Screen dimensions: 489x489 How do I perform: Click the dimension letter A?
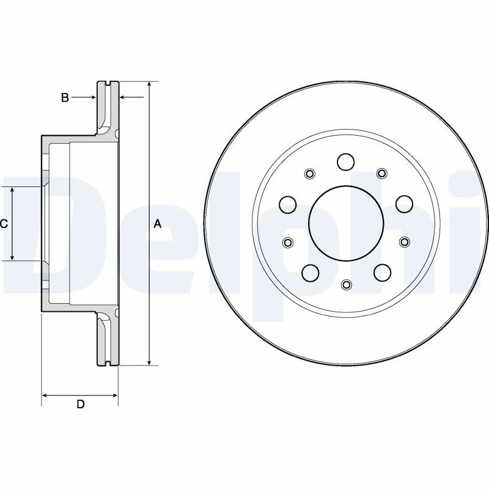[x=158, y=224]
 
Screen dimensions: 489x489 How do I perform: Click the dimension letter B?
[x=65, y=98]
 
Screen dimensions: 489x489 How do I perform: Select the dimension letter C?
[x=4, y=224]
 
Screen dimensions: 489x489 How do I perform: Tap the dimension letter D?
[x=81, y=404]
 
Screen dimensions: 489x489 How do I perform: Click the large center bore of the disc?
[x=346, y=224]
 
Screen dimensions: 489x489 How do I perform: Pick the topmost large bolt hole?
[x=346, y=162]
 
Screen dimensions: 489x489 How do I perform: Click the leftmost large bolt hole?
[x=287, y=204]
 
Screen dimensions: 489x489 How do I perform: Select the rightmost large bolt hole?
[x=404, y=204]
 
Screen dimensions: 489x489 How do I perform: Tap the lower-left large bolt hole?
[x=311, y=273]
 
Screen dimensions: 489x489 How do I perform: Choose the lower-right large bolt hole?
[x=383, y=273]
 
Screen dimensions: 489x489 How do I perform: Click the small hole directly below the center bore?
[x=346, y=284]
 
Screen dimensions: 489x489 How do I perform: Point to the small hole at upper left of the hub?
[x=310, y=174]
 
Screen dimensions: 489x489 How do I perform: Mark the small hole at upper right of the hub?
[x=381, y=173]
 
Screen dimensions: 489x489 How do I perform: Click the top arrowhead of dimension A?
[x=150, y=84]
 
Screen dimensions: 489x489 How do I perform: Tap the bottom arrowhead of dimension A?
[x=150, y=362]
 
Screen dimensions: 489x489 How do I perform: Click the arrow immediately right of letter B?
[x=84, y=97]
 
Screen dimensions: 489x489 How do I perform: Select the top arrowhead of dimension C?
[x=12, y=190]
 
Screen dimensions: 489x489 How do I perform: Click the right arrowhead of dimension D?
[x=114, y=395]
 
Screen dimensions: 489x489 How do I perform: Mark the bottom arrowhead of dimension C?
[x=12, y=257]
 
